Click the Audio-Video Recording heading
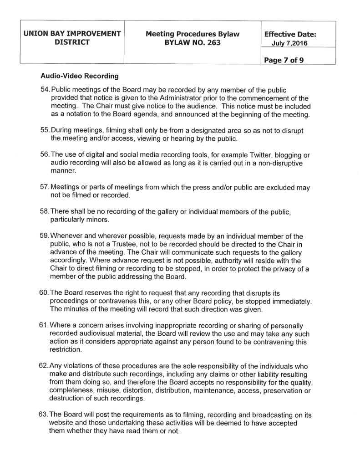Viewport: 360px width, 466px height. click(x=79, y=75)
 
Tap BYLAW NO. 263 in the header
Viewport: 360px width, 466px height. click(x=193, y=42)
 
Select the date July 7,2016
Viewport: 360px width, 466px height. click(x=290, y=43)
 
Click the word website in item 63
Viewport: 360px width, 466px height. click(x=62, y=423)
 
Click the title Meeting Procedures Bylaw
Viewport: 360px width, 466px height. click(x=193, y=34)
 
